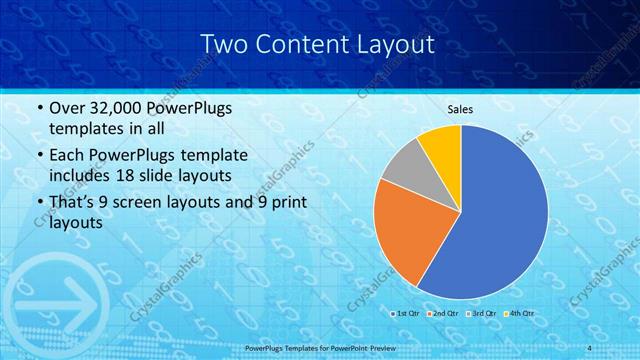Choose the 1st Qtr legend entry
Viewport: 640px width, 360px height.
405,314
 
